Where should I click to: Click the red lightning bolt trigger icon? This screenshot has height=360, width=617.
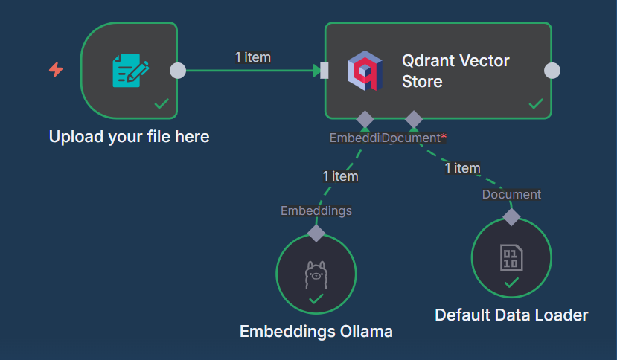pos(56,70)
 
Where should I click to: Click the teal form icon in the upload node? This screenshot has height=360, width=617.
pos(130,71)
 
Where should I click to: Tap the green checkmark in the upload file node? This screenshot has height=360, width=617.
pos(161,104)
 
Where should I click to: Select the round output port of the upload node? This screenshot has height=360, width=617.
pos(177,71)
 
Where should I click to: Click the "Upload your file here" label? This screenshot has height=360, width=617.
pos(129,137)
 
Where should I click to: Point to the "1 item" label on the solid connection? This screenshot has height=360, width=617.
pos(252,57)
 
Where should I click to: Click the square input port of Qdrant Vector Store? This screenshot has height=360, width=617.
pos(324,71)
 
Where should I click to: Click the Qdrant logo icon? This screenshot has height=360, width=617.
pos(365,71)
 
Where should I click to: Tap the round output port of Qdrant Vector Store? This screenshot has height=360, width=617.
pos(552,71)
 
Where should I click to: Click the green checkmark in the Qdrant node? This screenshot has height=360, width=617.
pos(535,104)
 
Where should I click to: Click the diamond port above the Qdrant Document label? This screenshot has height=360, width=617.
pos(413,119)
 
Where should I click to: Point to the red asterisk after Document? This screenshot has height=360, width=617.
pos(444,136)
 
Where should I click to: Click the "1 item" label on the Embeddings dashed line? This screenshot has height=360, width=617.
pos(340,176)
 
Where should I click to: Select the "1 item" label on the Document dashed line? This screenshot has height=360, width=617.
pos(462,168)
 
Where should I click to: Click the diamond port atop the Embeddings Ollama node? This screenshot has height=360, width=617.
pos(316,233)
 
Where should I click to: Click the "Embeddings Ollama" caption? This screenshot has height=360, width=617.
pos(316,331)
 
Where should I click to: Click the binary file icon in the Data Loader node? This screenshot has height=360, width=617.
pos(511,258)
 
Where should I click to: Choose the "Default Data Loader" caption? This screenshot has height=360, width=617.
pos(511,315)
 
